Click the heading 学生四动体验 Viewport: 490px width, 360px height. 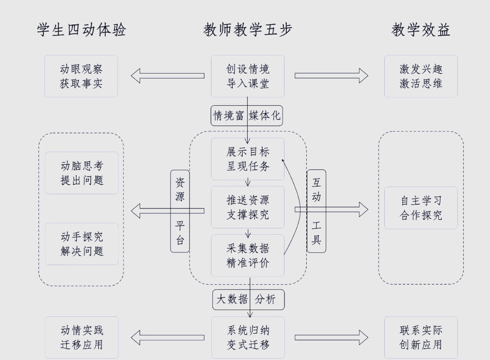tap(82, 30)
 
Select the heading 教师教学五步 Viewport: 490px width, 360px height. tap(248, 30)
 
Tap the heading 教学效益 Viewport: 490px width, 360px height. tap(421, 30)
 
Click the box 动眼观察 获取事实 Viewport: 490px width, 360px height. tap(81, 76)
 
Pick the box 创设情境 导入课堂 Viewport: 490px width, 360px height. tap(248, 76)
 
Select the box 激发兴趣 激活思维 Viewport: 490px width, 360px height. tap(421, 76)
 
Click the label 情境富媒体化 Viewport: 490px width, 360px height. tap(247, 116)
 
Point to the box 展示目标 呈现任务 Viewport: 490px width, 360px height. tap(248, 159)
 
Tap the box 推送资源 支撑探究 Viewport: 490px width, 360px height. tap(248, 207)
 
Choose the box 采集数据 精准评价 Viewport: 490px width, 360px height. tap(248, 255)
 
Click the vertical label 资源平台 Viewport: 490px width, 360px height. tap(180, 211)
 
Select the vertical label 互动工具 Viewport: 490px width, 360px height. tap(316, 211)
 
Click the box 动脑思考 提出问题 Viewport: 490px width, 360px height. tap(82, 173)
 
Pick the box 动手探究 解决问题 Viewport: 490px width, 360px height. tap(82, 244)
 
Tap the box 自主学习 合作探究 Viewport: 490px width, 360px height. tap(421, 208)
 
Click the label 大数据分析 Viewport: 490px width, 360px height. tap(249, 300)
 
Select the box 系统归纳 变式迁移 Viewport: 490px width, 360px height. tap(248, 337)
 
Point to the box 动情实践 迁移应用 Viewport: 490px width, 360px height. tap(82, 337)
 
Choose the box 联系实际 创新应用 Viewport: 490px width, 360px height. tap(421, 337)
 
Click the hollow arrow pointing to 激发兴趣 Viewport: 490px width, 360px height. tap(331, 76)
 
